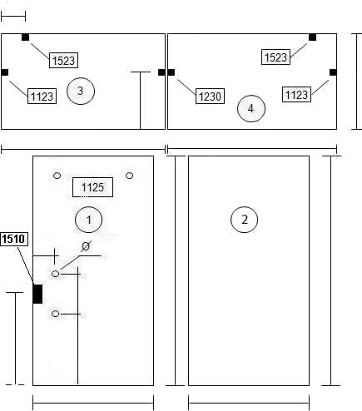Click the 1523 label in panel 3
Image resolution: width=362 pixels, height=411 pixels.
63,60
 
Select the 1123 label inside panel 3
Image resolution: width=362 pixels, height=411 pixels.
42,97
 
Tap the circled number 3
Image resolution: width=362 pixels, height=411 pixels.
81,91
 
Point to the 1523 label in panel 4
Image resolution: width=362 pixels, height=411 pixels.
275,57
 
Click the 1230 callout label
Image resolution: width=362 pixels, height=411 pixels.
210,97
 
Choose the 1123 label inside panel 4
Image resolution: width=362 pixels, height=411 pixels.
296,95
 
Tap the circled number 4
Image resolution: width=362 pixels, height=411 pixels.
251,108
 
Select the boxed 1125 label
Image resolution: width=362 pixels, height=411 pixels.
92,187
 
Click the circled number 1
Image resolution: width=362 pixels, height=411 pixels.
88,220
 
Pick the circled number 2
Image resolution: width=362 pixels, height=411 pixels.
244,220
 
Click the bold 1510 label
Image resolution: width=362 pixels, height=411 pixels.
14,239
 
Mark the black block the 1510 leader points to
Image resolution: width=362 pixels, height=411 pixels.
37,294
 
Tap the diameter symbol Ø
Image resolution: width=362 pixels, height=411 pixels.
86,246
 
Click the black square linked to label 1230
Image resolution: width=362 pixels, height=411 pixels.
171,72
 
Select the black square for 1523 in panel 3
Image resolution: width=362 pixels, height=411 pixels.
26,37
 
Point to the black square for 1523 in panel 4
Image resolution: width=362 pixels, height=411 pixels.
313,37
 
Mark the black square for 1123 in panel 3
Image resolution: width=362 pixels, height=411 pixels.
5,72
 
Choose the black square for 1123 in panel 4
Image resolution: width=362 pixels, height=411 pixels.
333,72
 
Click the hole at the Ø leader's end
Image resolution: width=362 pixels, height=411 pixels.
56,274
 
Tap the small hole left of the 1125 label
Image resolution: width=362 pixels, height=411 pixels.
57,176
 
